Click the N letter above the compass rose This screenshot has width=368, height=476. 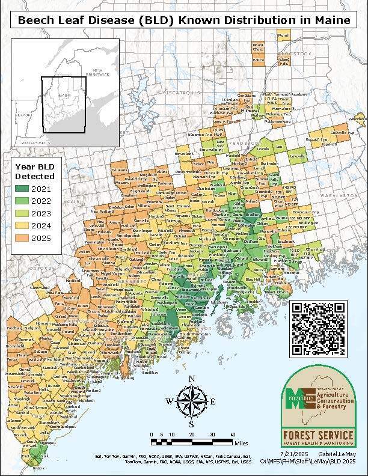click(191, 379)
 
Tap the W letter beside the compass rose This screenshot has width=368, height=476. click(170, 401)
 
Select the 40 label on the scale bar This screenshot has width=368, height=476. click(232, 434)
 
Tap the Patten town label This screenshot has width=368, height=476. click(259, 60)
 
